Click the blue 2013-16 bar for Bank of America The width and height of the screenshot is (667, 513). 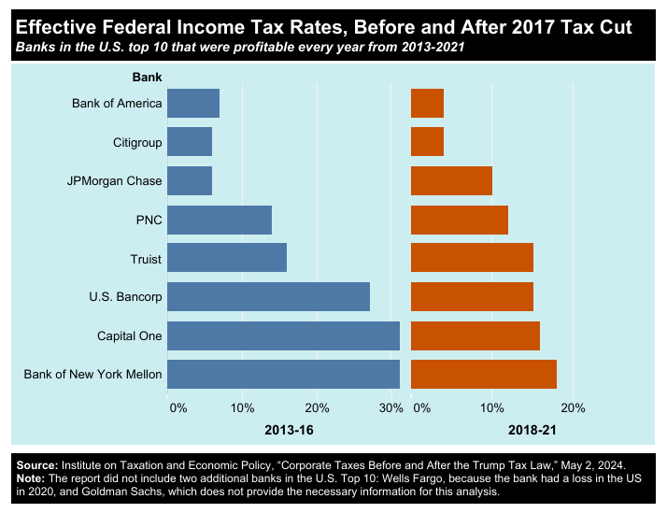coord(193,103)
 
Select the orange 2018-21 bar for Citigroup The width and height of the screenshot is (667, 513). coord(427,142)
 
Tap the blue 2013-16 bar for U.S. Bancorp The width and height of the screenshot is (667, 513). coord(269,296)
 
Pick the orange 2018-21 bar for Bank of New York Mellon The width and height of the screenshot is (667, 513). coord(484,374)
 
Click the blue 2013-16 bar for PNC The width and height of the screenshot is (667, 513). coord(220,220)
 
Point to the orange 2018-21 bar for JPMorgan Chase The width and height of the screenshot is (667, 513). coord(451,180)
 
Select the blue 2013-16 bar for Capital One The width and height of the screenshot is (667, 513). coord(284,335)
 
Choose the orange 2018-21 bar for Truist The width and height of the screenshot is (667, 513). coord(472,258)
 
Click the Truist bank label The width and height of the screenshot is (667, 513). coord(146,259)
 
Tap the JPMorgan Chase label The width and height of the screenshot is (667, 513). coord(115,181)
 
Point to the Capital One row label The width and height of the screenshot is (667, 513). coord(130,336)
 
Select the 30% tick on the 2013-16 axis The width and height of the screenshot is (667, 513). coord(390,407)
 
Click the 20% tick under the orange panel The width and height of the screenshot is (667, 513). coord(573,407)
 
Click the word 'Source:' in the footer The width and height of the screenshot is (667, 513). coord(37,464)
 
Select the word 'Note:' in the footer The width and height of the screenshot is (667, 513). coord(31,477)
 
